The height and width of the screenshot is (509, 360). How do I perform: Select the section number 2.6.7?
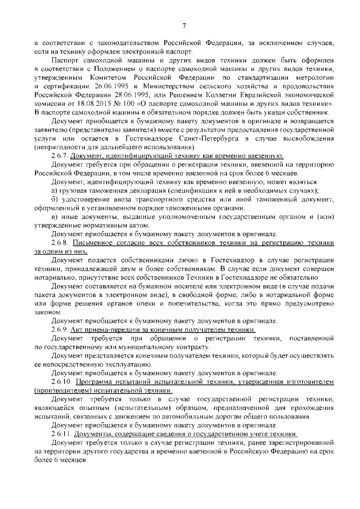click(x=61, y=155)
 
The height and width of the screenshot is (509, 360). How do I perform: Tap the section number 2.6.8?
click(x=61, y=241)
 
